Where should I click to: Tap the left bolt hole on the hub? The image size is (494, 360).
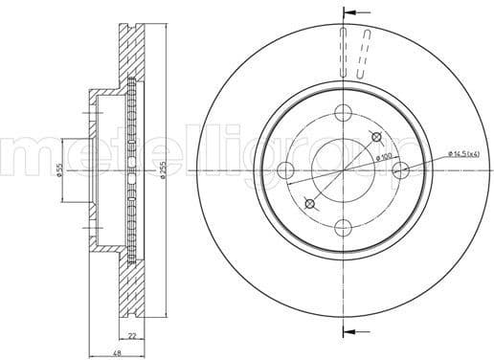coord(285,170)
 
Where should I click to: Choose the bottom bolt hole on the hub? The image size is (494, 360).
coord(343,227)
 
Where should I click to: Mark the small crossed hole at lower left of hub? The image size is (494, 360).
coord(309,202)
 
